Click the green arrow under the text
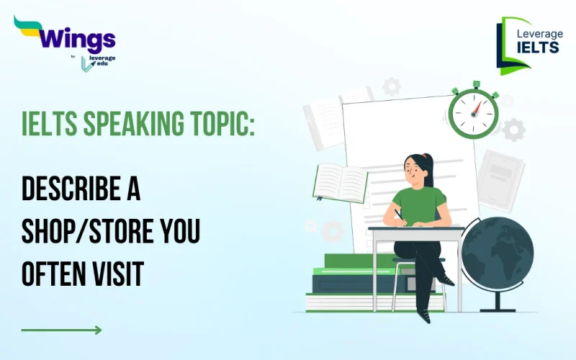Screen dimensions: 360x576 click(x=61, y=330)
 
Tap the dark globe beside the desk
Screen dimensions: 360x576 click(x=497, y=253)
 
